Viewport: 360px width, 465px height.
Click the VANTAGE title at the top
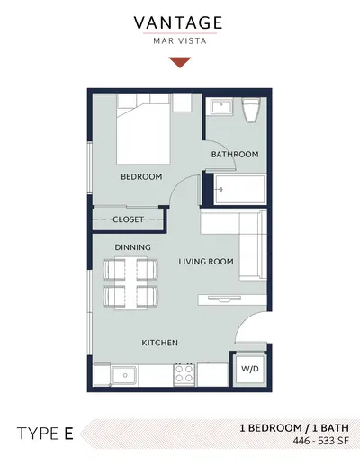pos(178,22)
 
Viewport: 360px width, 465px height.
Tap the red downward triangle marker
pos(180,62)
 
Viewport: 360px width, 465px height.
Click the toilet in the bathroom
pos(251,110)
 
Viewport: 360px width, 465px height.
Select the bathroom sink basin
pos(222,107)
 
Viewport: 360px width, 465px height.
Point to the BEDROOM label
pos(141,176)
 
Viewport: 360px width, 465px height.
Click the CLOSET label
pos(128,219)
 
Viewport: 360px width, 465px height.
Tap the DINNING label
pos(132,247)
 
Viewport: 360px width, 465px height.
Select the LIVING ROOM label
pos(206,262)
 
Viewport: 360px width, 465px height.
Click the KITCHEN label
pos(159,343)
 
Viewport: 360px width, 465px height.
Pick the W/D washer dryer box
pos(250,370)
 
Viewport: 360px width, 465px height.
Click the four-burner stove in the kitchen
pos(184,373)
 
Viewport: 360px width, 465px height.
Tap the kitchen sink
pos(124,375)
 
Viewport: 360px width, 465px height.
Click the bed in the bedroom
pos(144,129)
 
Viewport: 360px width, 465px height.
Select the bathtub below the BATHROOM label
pos(240,190)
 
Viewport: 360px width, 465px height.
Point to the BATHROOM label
pos(235,155)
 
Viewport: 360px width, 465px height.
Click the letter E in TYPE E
pos(69,434)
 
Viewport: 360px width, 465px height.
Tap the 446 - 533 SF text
pos(321,441)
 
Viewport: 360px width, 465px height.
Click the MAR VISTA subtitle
pos(180,40)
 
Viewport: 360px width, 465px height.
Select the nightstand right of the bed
pos(182,103)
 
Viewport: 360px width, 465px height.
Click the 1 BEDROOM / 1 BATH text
pos(294,428)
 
